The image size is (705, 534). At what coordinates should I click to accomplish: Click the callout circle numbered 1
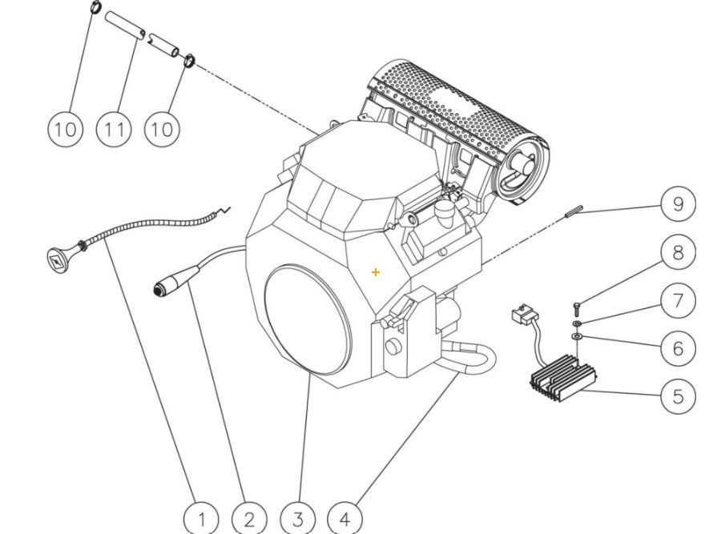tap(202, 518)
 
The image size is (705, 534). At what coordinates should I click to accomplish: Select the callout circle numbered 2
tap(249, 518)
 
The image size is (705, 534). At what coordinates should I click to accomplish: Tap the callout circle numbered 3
tap(297, 518)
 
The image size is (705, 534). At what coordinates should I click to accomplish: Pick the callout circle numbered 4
tap(344, 518)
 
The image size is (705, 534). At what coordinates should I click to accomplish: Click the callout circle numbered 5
tap(678, 395)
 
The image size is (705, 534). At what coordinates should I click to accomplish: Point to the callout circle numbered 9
tap(678, 204)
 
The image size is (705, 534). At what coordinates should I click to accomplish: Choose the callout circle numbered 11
tap(114, 128)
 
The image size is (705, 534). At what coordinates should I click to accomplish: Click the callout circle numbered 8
tap(678, 253)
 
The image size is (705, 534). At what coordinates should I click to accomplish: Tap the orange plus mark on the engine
tap(376, 272)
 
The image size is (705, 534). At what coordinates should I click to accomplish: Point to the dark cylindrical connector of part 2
tap(168, 285)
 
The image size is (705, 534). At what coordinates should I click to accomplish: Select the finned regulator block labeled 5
tap(562, 381)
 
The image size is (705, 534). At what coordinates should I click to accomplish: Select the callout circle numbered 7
tap(678, 300)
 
